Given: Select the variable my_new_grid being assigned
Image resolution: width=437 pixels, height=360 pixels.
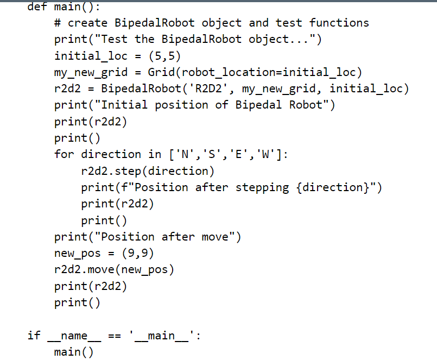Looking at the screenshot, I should tap(91, 72).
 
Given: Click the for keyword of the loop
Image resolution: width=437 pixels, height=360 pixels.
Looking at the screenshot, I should tap(64, 154).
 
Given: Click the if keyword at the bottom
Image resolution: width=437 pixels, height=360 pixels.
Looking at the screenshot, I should tap(34, 336).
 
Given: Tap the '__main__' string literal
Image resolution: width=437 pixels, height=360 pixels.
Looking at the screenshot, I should tap(161, 336).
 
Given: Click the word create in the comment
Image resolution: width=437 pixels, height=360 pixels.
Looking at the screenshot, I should tap(87, 23).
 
